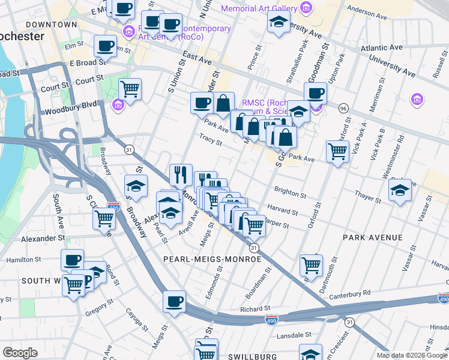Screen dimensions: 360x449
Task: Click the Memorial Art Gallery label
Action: pyautogui.click(x=259, y=8)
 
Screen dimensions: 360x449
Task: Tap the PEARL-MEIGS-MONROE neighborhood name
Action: pyautogui.click(x=212, y=259)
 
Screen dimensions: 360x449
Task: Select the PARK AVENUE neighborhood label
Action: pyautogui.click(x=373, y=238)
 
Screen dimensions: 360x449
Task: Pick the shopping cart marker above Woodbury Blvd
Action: pyautogui.click(x=130, y=89)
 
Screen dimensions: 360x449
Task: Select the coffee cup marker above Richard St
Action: pyautogui.click(x=174, y=301)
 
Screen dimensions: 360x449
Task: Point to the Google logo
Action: pyautogui.click(x=20, y=353)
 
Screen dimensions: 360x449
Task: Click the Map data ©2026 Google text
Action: pyautogui.click(x=411, y=355)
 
